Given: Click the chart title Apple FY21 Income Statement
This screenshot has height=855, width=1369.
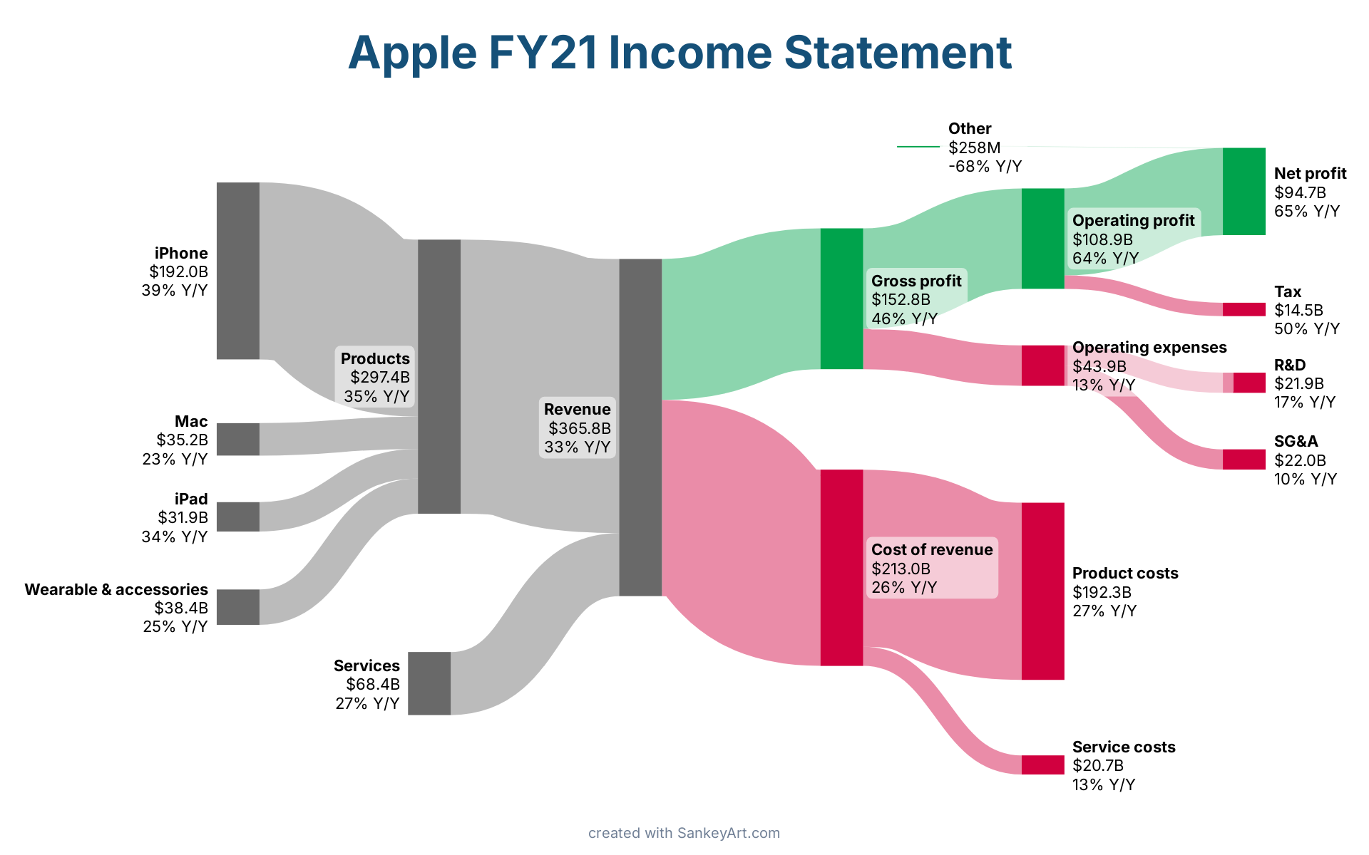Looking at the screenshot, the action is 680,53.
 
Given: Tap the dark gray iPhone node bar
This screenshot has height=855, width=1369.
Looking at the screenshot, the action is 238,271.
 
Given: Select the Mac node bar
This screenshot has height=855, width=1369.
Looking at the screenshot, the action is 238,439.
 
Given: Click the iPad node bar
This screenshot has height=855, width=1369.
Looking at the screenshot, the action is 238,517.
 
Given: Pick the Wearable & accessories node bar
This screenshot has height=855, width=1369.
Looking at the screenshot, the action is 238,607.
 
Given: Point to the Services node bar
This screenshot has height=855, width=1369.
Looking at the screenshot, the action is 429,683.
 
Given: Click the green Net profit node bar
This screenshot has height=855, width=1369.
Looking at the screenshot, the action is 1244,192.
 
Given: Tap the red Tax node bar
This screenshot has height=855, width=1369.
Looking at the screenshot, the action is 1244,309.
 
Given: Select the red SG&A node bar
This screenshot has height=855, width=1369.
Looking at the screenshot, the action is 1244,460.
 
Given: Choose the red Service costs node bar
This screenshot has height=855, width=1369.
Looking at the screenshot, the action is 1043,765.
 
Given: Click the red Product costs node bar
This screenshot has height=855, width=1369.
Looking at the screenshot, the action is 1043,591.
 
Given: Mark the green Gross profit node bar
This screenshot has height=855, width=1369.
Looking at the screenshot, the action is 842,299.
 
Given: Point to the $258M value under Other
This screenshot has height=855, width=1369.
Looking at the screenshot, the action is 975,147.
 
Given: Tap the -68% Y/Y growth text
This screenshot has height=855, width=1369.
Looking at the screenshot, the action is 985,166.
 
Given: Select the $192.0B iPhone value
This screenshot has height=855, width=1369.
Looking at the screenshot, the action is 179,271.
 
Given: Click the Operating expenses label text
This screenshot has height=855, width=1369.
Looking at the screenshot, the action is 1149,347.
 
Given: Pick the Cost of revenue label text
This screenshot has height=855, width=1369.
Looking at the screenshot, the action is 932,549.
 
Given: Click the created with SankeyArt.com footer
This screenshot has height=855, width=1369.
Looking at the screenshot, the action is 684,833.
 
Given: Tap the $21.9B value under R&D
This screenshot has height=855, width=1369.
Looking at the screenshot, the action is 1299,383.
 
